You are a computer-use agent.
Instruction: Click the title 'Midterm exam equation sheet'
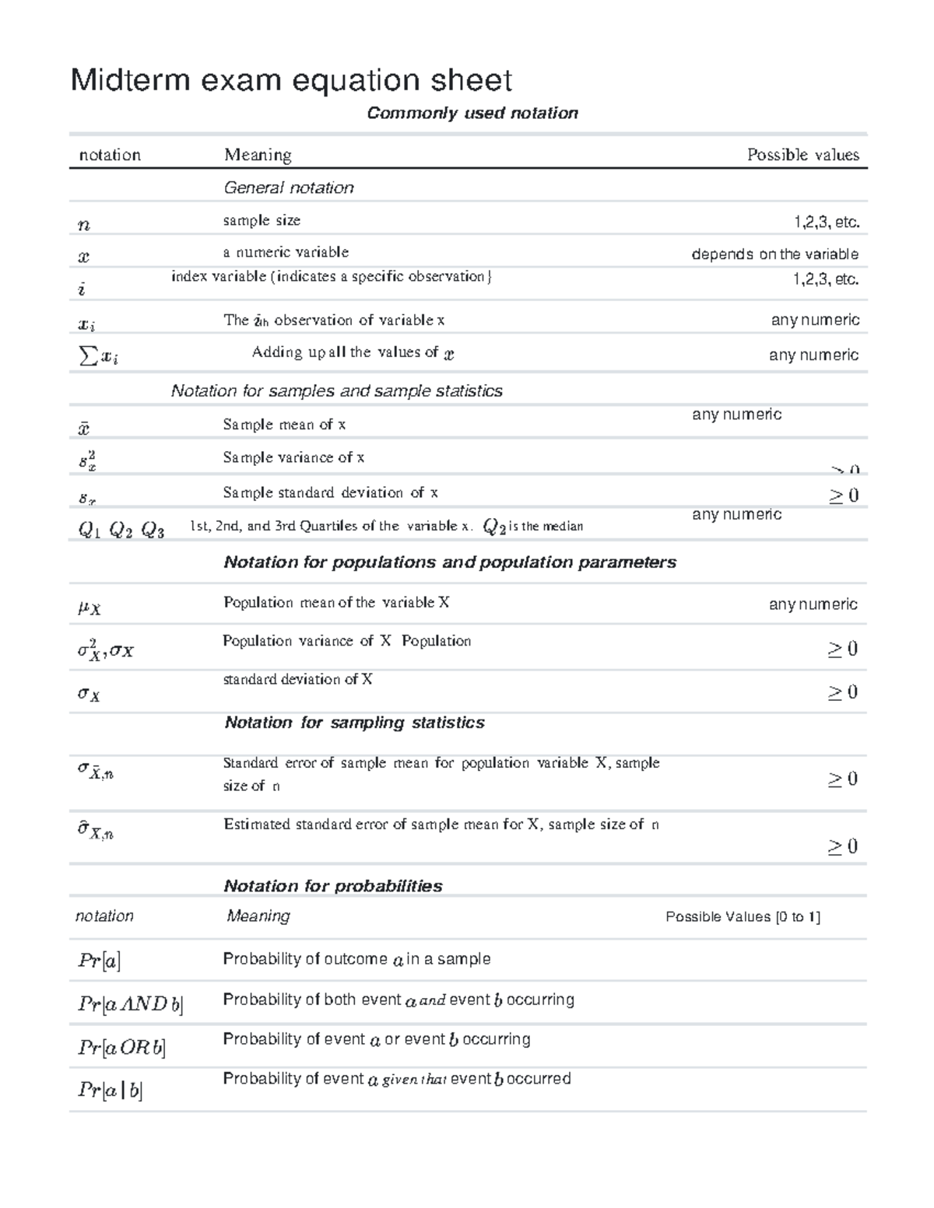point(291,80)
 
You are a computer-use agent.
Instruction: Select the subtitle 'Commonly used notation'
point(472,114)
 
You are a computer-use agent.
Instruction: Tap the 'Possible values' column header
point(802,155)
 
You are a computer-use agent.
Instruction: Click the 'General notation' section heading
point(289,187)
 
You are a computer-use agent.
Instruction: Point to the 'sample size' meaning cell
point(262,220)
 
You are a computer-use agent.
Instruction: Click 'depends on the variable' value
point(774,254)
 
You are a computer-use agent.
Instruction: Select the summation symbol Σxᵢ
point(99,356)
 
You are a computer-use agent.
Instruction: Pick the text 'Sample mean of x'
point(284,425)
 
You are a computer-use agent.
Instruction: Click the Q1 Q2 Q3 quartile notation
point(121,530)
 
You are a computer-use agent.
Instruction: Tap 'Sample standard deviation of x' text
point(330,492)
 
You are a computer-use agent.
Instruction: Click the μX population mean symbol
point(89,608)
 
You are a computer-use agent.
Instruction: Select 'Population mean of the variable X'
point(336,603)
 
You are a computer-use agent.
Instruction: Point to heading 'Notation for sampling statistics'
point(354,723)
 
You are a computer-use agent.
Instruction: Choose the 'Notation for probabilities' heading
point(332,886)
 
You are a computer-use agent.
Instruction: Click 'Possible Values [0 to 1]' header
point(743,917)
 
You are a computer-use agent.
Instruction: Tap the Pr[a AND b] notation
point(130,1004)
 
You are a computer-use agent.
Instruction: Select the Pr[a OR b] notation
point(121,1048)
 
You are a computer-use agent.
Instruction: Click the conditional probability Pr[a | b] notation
point(110,1090)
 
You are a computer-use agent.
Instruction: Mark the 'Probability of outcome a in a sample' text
point(356,959)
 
